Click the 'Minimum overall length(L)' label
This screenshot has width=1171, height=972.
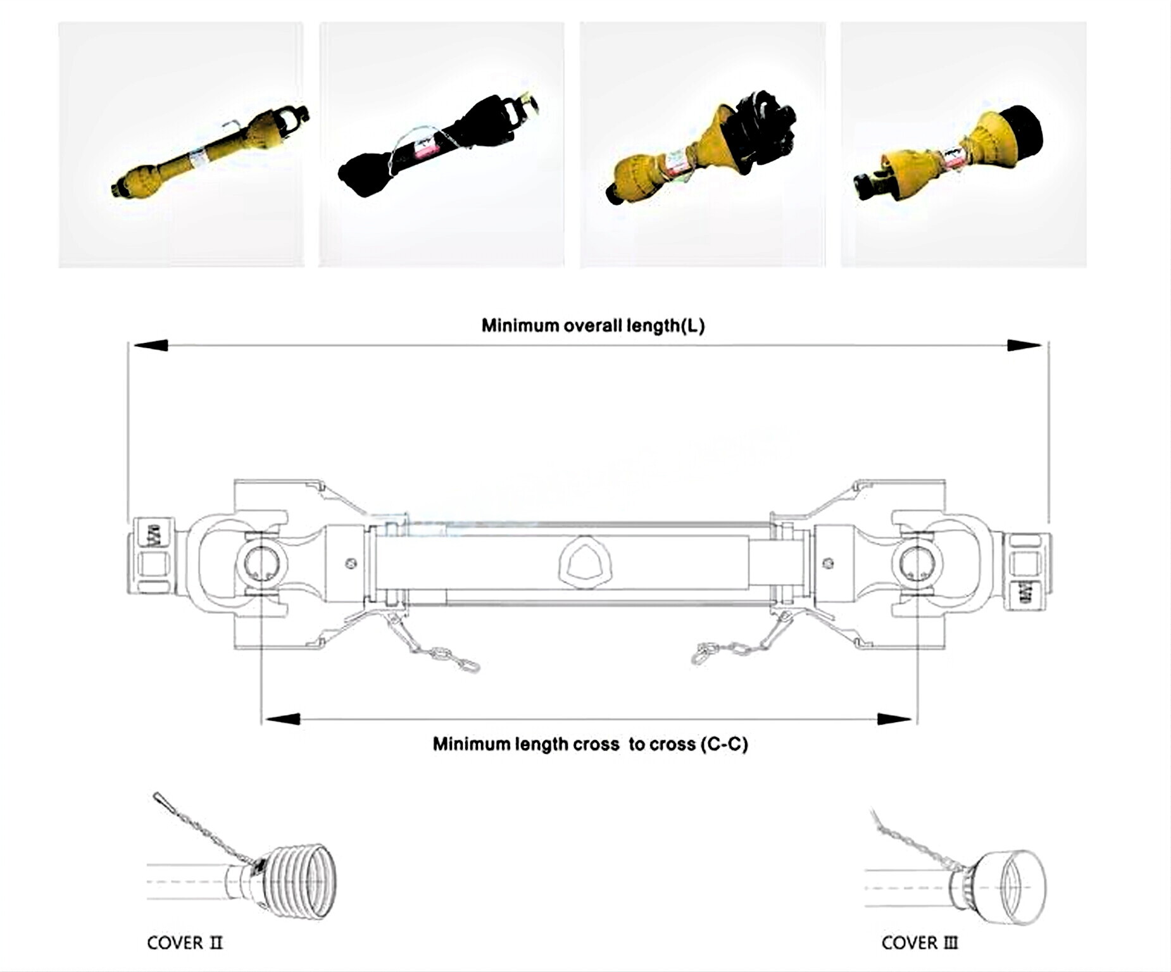point(592,326)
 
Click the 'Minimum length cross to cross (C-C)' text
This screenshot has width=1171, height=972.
point(590,744)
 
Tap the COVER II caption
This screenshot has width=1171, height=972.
point(184,943)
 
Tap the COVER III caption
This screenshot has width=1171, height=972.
point(919,943)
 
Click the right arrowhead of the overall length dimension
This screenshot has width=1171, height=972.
point(1024,346)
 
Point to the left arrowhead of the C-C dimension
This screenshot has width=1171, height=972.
point(282,719)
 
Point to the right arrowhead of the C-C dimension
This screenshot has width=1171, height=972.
point(894,719)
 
